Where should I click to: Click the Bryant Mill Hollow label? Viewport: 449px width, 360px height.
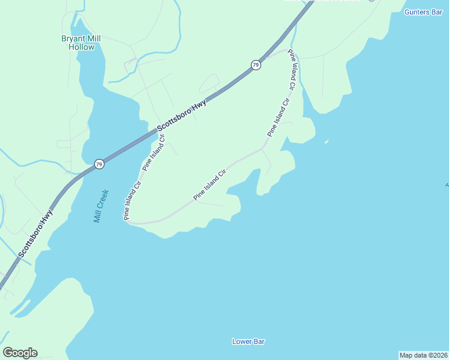82,43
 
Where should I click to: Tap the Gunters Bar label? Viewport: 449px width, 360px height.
423,12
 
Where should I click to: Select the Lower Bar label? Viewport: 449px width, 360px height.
249,341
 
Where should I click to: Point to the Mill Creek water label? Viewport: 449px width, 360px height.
101,206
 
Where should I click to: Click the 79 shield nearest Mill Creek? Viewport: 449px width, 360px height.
99,163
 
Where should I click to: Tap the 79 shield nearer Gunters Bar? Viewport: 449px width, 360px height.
256,65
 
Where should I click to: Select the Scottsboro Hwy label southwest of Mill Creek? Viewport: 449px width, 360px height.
35,234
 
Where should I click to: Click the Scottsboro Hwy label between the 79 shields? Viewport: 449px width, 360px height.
182,116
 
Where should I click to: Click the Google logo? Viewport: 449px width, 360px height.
20,353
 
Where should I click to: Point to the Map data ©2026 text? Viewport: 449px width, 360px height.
423,355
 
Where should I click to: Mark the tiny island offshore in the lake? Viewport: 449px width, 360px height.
326,142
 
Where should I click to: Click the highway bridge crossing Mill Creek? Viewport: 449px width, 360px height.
123,151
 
